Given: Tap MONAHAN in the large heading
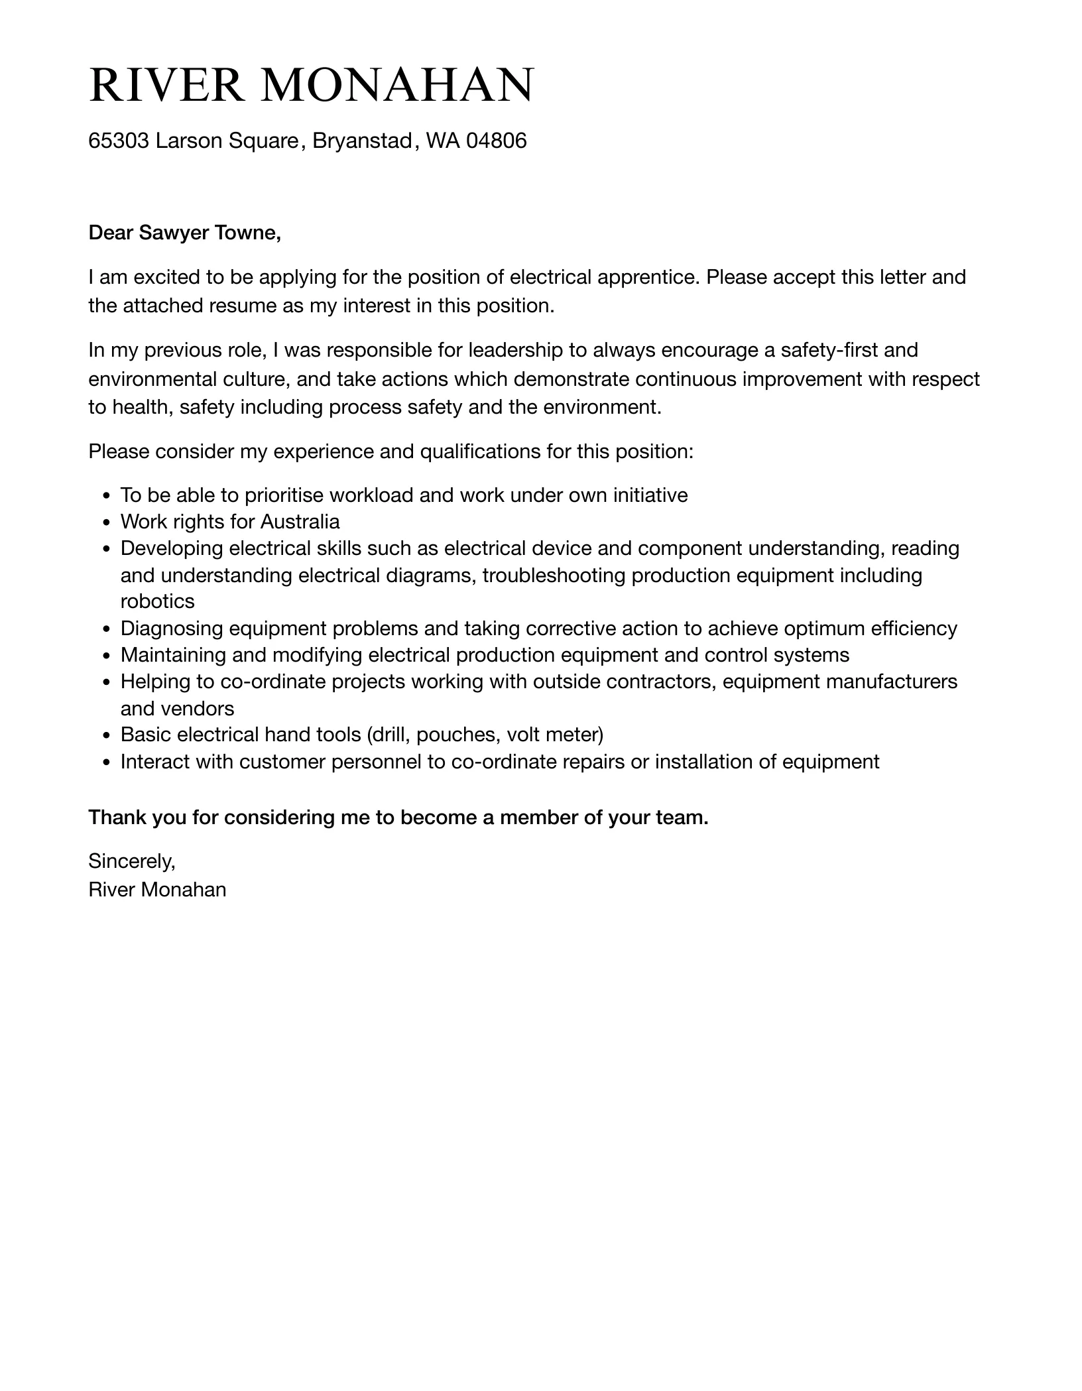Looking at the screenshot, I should (397, 85).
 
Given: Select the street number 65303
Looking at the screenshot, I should (119, 141).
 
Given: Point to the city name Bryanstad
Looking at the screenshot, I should (362, 141).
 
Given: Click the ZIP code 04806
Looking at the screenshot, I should (496, 141).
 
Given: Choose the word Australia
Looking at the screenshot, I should (300, 522).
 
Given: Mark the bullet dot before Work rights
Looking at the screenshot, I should (107, 522).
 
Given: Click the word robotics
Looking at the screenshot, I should (157, 601).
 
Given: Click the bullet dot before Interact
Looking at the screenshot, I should (107, 762).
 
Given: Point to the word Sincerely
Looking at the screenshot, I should (131, 861).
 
